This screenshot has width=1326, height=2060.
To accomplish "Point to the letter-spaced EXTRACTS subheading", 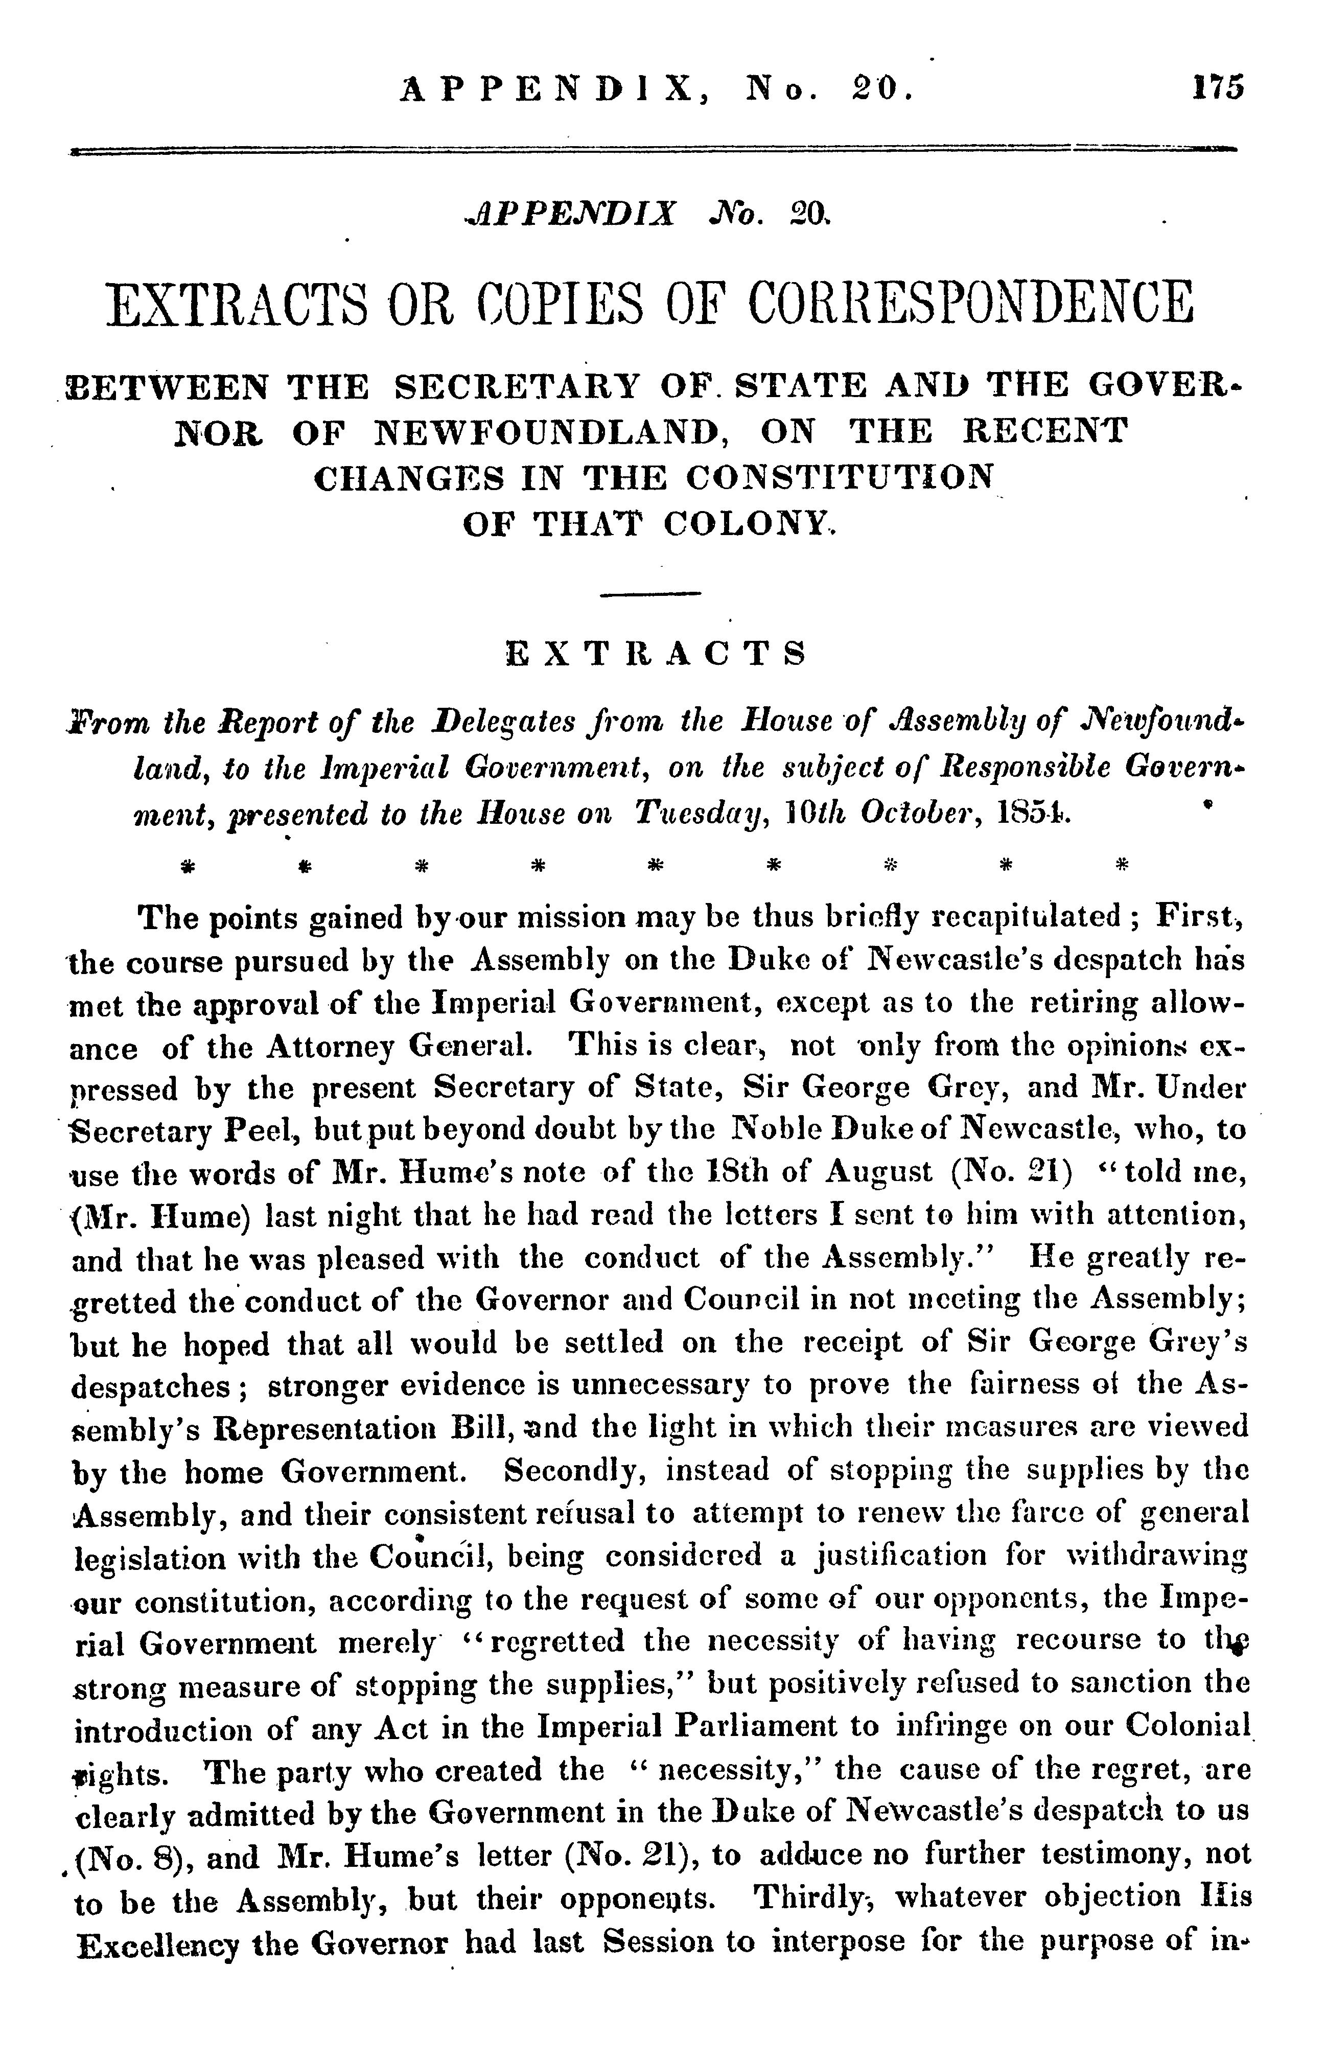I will [655, 654].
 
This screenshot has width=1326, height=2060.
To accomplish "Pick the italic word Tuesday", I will [696, 813].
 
